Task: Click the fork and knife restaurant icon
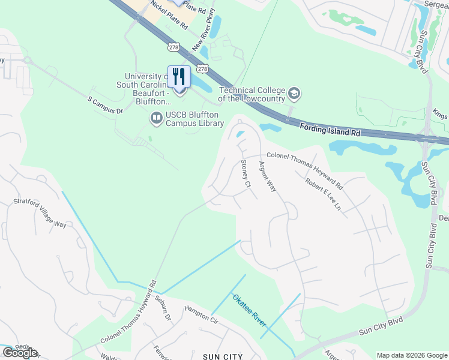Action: click(179, 76)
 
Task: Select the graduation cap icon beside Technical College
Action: click(294, 93)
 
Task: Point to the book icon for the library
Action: click(157, 118)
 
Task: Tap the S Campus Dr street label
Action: click(105, 106)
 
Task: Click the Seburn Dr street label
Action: click(163, 307)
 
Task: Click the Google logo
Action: click(19, 353)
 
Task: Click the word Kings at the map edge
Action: click(440, 114)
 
